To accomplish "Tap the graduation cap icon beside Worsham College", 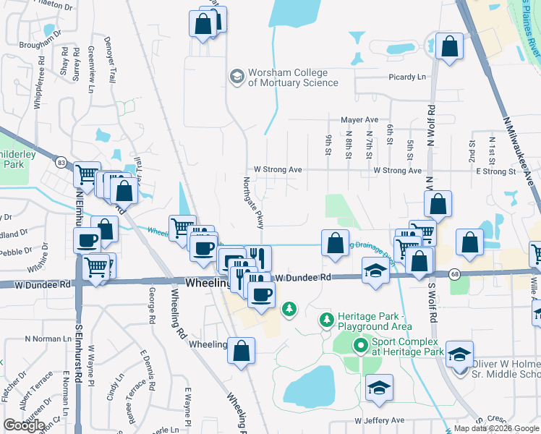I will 237,75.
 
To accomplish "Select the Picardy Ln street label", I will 406,77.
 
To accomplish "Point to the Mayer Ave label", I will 359,119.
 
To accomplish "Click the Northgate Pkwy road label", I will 252,203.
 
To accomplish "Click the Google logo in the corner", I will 24,425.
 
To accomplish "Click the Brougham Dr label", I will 38,45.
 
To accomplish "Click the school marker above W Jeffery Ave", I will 379,389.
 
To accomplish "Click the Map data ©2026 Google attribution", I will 496,428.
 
